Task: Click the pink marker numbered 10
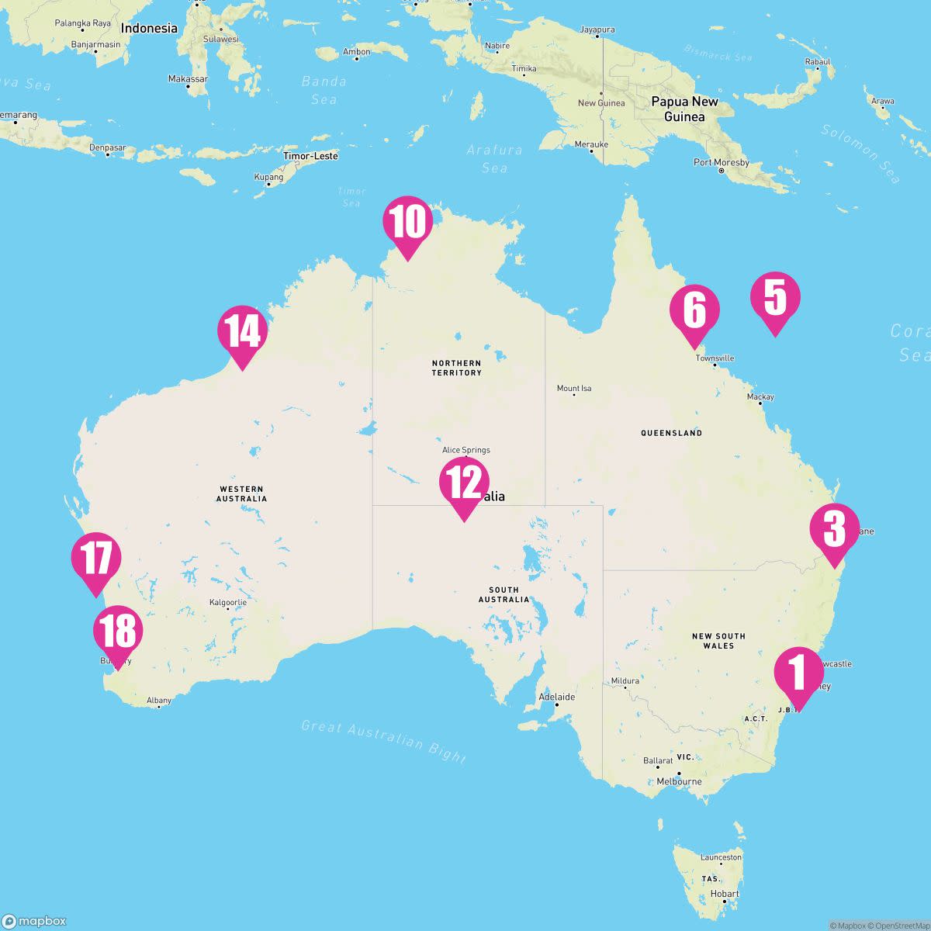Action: pos(407,223)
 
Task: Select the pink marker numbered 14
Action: pos(243,332)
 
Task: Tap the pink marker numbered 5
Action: pos(775,299)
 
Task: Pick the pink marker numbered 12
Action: pos(464,483)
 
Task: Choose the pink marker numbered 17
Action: pos(96,559)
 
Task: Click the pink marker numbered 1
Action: pos(799,673)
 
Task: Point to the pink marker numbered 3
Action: pos(834,530)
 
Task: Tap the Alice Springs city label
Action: pos(465,450)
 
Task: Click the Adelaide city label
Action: pos(557,697)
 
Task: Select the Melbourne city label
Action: pos(679,781)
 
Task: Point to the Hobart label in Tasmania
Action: pos(725,894)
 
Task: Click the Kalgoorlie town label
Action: pos(228,602)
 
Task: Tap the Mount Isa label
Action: pos(574,389)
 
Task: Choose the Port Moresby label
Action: pos(722,163)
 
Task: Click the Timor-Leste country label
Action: pos(310,156)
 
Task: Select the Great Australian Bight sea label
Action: pos(384,741)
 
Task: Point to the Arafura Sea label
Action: pos(495,158)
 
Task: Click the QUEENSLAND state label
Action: pos(671,433)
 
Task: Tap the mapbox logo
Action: pos(35,921)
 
